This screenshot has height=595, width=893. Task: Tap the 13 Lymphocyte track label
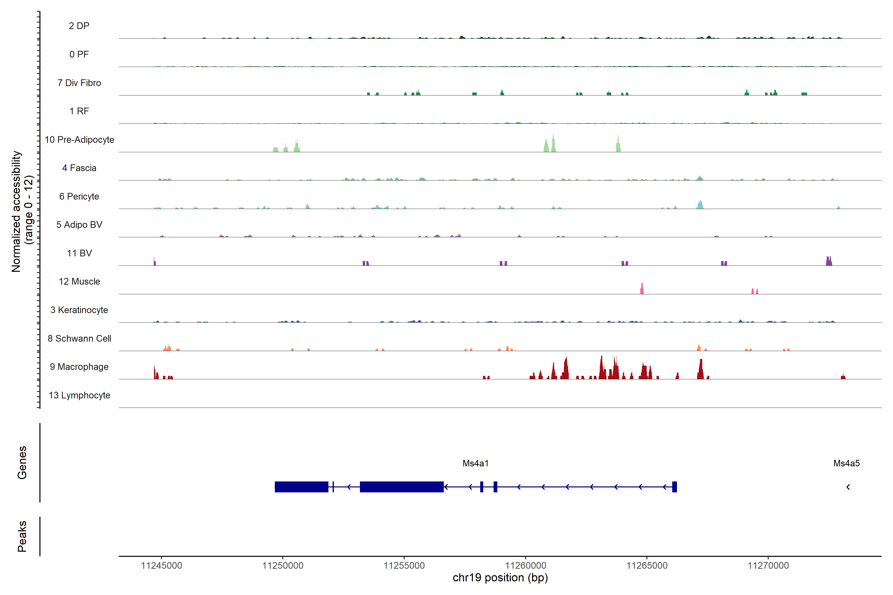click(79, 395)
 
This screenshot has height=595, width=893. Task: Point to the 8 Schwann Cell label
click(79, 338)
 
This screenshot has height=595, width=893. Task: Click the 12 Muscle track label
click(79, 282)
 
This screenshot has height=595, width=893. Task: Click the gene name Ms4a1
click(475, 463)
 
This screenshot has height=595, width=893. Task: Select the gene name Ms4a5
click(846, 463)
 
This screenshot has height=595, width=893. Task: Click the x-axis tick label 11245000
click(161, 565)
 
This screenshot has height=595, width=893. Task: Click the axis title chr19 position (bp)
click(500, 578)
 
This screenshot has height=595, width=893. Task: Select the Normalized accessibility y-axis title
click(22, 211)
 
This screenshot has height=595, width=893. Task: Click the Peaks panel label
click(22, 536)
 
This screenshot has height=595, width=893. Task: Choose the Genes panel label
click(22, 463)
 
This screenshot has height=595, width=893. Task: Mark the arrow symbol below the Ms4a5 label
click(848, 487)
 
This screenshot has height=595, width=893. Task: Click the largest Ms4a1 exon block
click(401, 487)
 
